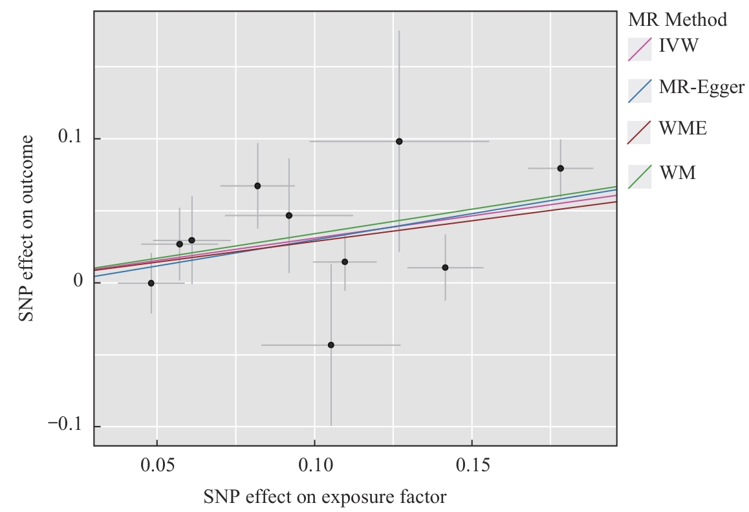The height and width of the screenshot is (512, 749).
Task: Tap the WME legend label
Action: click(682, 129)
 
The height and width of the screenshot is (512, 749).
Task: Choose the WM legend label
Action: click(677, 173)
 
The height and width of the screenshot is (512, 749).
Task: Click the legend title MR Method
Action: click(677, 20)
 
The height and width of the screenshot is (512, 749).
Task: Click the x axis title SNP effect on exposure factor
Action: click(325, 497)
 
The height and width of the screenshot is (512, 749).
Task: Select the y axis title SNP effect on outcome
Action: click(25, 228)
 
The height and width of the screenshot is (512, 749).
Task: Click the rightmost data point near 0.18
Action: click(561, 168)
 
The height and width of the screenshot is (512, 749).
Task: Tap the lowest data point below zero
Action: click(331, 345)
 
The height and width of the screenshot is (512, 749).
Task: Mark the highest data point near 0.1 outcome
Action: click(399, 141)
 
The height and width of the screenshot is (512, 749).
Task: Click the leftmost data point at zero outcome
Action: click(151, 283)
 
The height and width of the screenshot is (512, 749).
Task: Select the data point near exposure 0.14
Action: click(445, 267)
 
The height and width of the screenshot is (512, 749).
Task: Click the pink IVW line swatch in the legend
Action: click(639, 48)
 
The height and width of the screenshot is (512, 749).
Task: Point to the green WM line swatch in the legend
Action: click(639, 176)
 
